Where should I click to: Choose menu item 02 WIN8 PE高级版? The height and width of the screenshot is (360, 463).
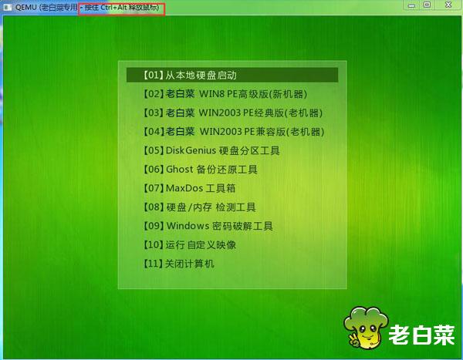pos(225,94)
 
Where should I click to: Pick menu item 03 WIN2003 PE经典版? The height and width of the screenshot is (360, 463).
pos(233,113)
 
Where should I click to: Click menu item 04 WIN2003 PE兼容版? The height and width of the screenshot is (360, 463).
pos(234,132)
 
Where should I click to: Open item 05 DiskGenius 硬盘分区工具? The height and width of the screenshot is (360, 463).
pos(211,150)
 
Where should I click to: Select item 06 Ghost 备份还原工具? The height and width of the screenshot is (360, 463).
pos(201,170)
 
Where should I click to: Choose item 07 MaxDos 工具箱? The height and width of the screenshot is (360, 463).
pos(190,188)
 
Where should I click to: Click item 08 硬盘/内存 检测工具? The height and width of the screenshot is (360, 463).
pos(200,207)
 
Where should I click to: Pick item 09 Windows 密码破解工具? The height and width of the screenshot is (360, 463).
pos(208,226)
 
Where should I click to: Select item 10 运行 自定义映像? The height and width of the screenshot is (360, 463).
pos(190,244)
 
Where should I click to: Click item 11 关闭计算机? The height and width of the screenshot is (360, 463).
pos(179,264)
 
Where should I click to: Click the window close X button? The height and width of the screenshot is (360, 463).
pos(448,5)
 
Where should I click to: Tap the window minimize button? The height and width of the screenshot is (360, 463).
pos(411,5)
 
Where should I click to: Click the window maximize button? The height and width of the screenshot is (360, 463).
pos(427,5)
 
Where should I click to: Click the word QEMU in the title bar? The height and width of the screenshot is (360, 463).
pos(26,7)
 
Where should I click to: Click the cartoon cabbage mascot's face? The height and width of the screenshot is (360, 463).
pos(366,332)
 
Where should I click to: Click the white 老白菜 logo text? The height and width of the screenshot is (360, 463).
pos(421,335)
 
